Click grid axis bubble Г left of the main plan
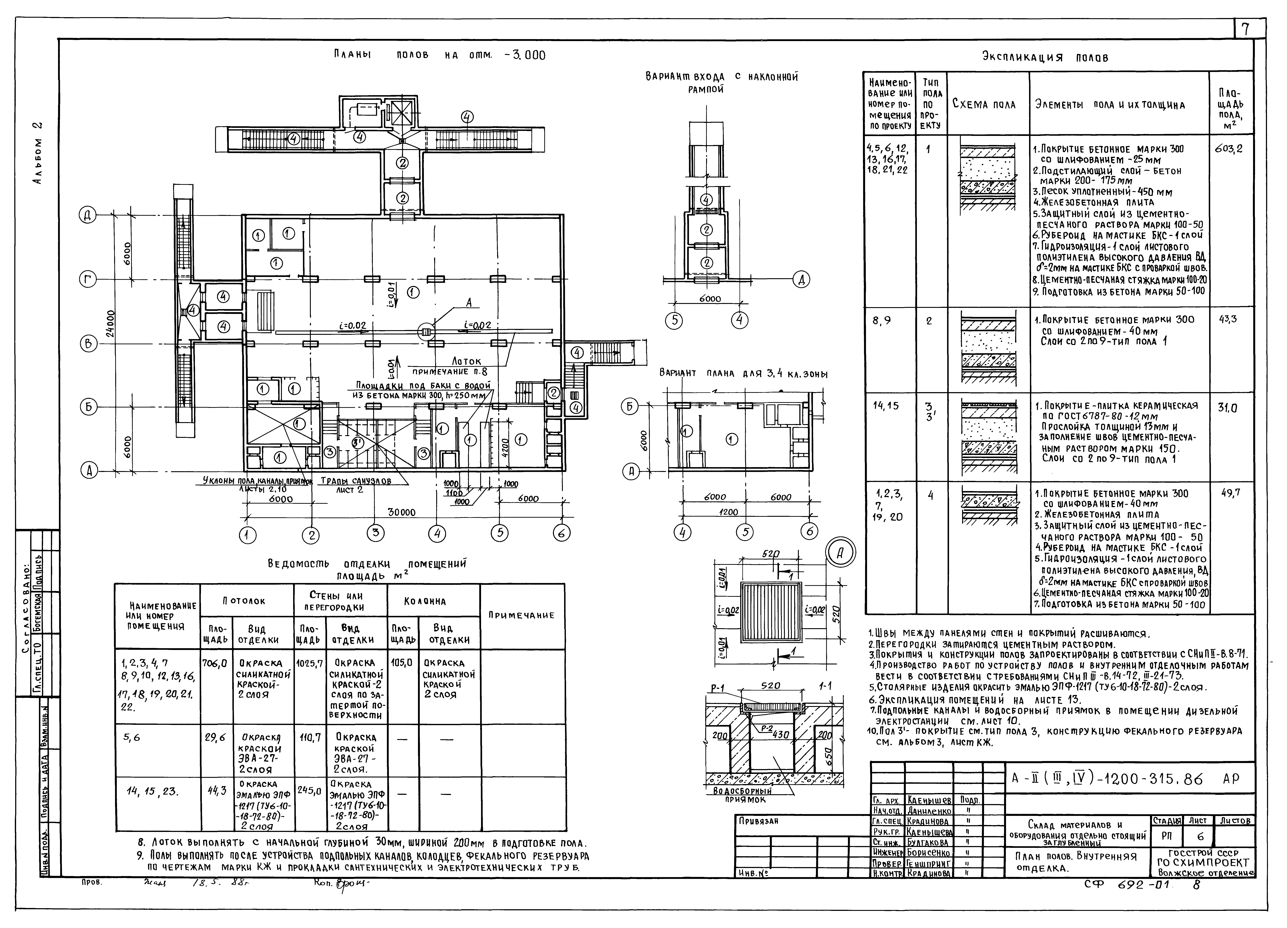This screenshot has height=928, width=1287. (x=88, y=279)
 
